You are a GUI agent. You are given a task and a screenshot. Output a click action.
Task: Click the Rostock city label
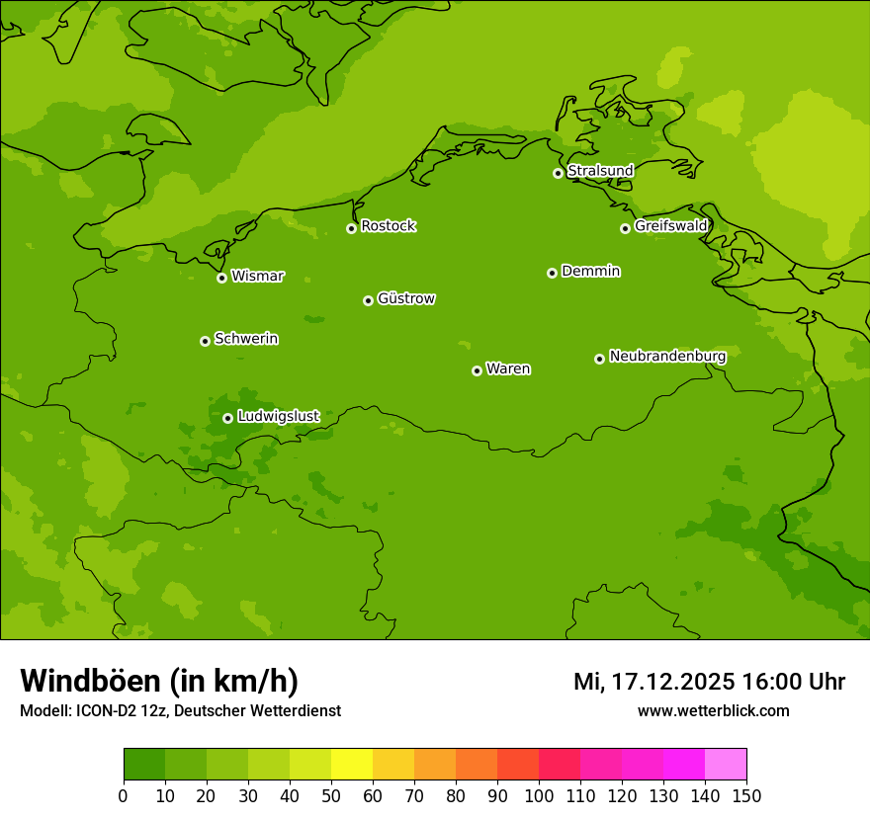click(x=388, y=226)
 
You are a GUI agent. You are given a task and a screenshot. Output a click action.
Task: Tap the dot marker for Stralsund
click(x=558, y=173)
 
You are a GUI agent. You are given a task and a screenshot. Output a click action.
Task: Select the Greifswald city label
click(x=670, y=226)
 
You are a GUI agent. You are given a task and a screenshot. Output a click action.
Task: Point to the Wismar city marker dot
click(x=221, y=278)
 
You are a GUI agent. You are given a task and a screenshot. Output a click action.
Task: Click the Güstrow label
click(x=405, y=298)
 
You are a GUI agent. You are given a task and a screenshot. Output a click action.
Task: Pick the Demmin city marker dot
click(x=552, y=273)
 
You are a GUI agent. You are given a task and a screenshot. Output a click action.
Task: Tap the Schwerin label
click(x=246, y=339)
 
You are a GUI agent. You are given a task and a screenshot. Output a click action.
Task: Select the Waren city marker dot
click(x=477, y=370)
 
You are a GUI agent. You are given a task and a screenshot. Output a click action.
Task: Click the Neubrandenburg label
click(x=667, y=356)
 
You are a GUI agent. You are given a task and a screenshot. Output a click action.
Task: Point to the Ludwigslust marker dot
click(x=227, y=418)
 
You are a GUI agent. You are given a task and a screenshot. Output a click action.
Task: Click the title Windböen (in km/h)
click(x=159, y=681)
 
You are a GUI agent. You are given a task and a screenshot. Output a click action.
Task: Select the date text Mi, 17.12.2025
click(x=653, y=682)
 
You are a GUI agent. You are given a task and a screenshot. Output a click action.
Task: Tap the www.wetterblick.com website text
click(x=713, y=711)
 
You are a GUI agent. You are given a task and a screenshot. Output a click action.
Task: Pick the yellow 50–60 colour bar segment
click(x=352, y=765)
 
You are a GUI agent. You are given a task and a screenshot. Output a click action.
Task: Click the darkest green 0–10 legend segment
click(x=144, y=765)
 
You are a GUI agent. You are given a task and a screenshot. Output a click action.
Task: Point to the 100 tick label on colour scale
click(x=539, y=796)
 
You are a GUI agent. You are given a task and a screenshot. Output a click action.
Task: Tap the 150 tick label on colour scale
click(x=746, y=796)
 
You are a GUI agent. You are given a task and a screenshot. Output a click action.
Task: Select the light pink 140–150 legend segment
click(x=726, y=765)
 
